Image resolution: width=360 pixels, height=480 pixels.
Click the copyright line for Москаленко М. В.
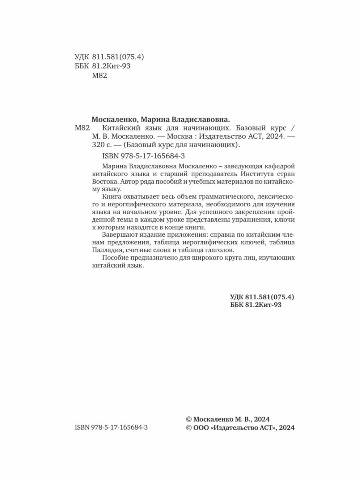[228, 419]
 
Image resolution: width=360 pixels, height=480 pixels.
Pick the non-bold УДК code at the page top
[109, 57]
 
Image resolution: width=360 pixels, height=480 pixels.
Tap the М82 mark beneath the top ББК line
[100, 77]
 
